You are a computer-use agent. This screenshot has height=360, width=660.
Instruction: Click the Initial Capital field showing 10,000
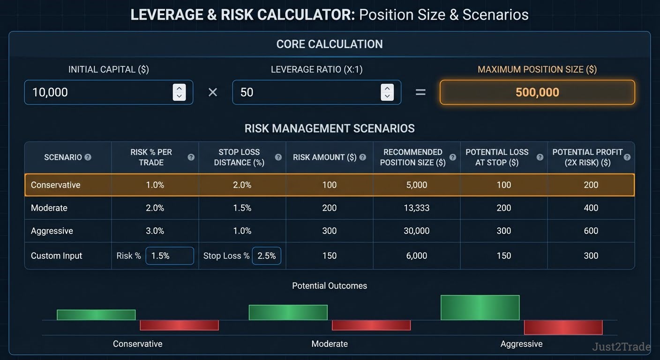[108, 92]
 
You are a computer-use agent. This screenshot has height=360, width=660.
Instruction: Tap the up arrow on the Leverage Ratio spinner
[387, 89]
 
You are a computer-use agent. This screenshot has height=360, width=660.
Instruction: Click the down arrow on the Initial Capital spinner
[179, 96]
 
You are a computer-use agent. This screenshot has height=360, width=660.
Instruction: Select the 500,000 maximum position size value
[537, 92]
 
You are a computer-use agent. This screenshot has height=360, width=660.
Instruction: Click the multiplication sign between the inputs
[213, 92]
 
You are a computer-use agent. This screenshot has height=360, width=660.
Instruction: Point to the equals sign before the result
[420, 92]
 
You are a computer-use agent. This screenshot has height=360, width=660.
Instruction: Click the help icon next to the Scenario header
[88, 157]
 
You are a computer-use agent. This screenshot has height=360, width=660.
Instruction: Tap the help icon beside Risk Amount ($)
[363, 157]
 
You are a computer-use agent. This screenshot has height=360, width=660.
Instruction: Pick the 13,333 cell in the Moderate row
[416, 208]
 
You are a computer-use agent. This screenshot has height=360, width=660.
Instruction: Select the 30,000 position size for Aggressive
[416, 231]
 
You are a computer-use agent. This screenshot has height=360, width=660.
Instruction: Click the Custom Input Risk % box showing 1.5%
[170, 256]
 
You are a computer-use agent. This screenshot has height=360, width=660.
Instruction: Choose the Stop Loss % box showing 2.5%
[266, 256]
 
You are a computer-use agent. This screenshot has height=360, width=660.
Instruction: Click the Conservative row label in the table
[55, 185]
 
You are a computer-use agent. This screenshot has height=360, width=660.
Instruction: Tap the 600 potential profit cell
[591, 231]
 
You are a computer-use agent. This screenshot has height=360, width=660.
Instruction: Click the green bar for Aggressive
[480, 307]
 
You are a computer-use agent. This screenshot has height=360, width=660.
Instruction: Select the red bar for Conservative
[179, 325]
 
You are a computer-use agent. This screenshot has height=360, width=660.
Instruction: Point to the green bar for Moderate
[288, 313]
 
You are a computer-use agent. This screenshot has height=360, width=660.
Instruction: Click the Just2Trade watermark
[622, 347]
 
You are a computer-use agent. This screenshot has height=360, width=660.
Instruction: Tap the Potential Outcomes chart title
[330, 286]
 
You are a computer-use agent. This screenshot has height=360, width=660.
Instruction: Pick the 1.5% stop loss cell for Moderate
[242, 208]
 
